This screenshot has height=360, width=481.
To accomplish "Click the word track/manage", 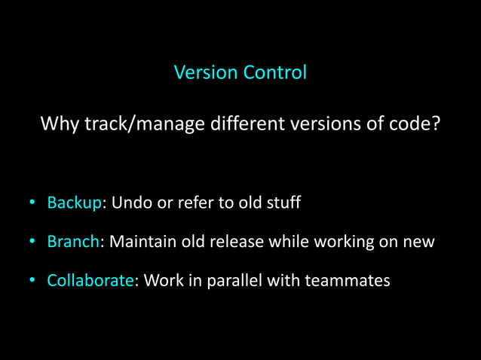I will pos(144,123).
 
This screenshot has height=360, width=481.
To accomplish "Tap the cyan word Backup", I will pos(74,203).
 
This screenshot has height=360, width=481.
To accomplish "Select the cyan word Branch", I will pos(72,242).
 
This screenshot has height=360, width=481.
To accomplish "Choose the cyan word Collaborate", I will pos(90,281).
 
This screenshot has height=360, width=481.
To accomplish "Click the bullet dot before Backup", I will pos(32,204).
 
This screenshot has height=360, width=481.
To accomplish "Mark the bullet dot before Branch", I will pos(32,243).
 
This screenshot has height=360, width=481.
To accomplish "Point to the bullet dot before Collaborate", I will pos(32,282).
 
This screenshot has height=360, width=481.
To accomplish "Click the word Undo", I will pos(130,203).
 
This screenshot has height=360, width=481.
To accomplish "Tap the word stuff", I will pos(283,203).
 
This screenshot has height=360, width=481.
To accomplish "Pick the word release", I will pos(242,242).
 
